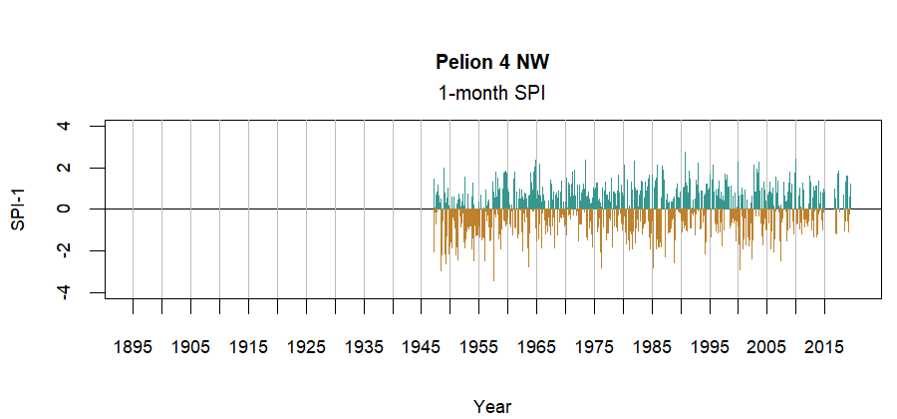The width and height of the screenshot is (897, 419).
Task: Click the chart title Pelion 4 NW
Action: coord(492,62)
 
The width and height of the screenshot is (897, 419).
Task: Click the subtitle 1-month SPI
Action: coord(492,93)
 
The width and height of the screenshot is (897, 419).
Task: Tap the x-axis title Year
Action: coord(492,406)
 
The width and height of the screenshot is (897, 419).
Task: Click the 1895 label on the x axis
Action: coord(133,347)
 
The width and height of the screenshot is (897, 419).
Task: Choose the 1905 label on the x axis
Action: coord(190,347)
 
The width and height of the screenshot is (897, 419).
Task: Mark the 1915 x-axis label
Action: coord(248,347)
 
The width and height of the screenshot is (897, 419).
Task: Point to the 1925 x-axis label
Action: coord(306,347)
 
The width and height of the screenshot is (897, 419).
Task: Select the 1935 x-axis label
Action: coord(364,347)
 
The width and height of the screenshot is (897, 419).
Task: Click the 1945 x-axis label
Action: coord(422,347)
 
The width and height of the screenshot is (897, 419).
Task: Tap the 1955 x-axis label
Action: coord(479,347)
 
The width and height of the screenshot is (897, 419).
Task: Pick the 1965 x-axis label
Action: coord(537,347)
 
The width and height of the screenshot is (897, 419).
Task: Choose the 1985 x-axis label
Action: coord(653,347)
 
